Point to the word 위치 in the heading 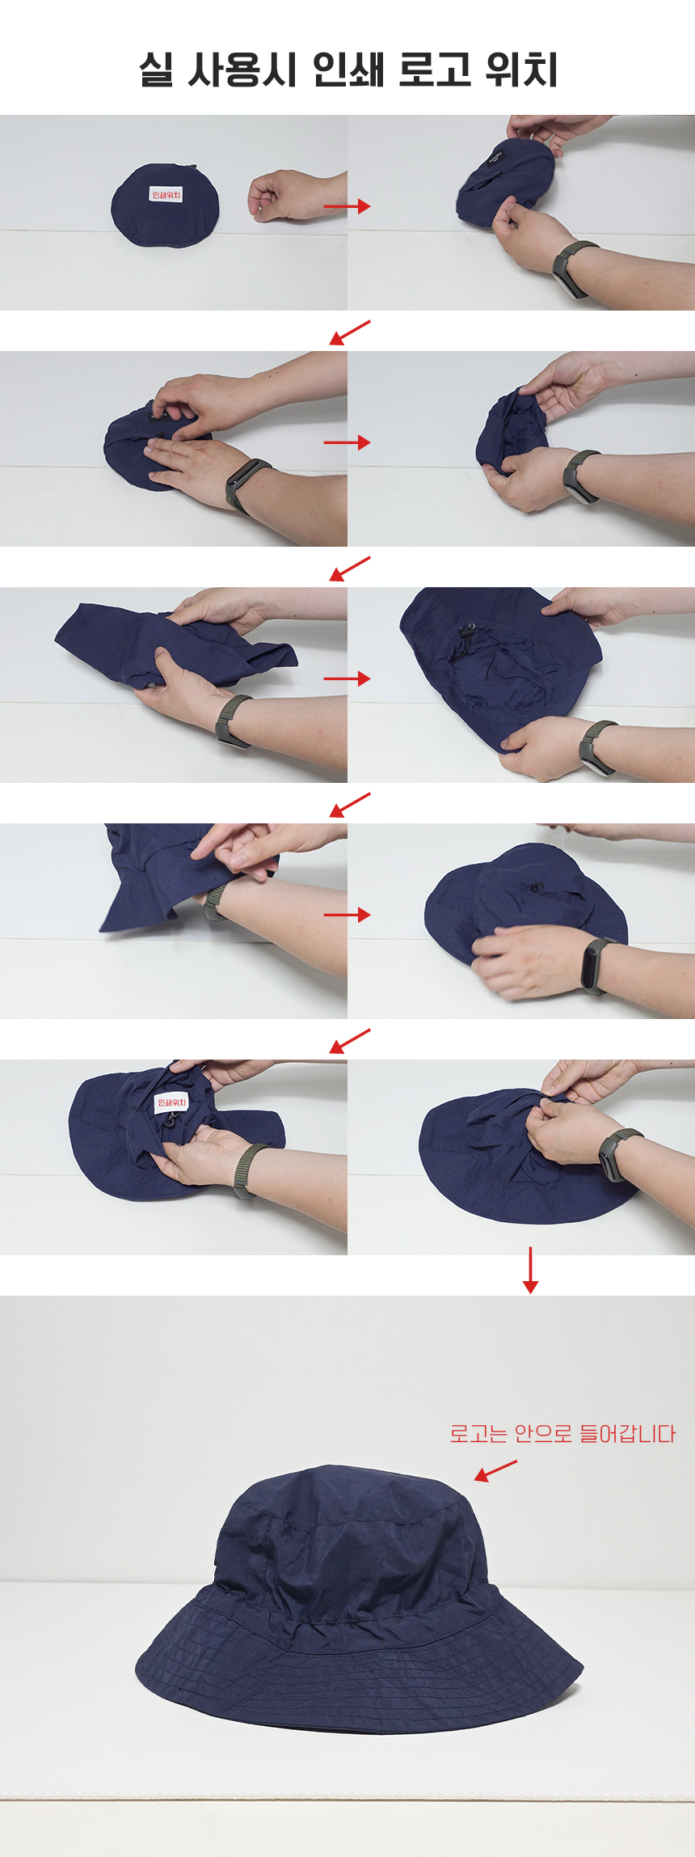point(521,70)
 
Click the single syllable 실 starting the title point(155,70)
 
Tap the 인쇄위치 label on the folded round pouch point(166,195)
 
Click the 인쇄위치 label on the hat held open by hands point(171,1102)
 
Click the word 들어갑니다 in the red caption point(627,1434)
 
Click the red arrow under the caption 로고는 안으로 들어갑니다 point(495,1470)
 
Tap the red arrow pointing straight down point(530,1270)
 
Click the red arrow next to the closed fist point(347,206)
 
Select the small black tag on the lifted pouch point(495,156)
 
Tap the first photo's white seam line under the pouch point(174,234)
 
